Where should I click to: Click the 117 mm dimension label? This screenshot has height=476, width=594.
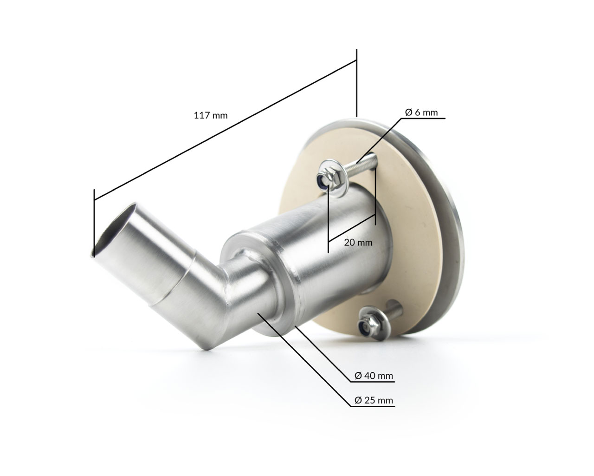click(211, 115)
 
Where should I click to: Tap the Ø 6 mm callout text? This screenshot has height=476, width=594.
click(421, 112)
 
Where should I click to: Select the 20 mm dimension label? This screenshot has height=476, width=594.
click(358, 243)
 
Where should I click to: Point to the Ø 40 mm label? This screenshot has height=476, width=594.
click(374, 376)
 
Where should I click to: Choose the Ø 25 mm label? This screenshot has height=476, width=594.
click(374, 400)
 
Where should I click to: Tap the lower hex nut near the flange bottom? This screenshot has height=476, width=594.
click(366, 326)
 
